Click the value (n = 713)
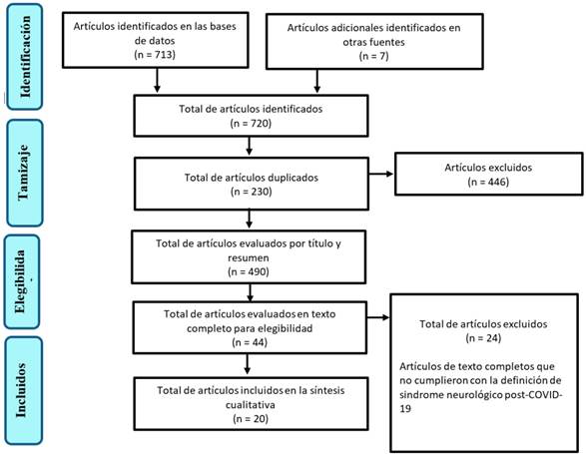[x=155, y=55]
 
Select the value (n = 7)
[x=373, y=56]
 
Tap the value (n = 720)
[x=251, y=123]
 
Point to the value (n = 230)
[x=252, y=192]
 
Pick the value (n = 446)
[x=488, y=182]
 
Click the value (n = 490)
[x=249, y=271]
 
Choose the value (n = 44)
[x=250, y=342]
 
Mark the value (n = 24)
[x=483, y=338]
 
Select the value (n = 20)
[x=251, y=418]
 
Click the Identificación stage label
[x=25, y=57]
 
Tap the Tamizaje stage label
[x=23, y=173]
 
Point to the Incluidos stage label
[x=21, y=390]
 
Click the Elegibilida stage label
[x=20, y=281]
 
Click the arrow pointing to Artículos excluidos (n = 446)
[x=381, y=174]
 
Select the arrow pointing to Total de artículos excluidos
[x=378, y=317]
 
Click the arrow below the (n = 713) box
[x=157, y=81]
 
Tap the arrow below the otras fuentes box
[x=316, y=81]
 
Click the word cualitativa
[x=251, y=405]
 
